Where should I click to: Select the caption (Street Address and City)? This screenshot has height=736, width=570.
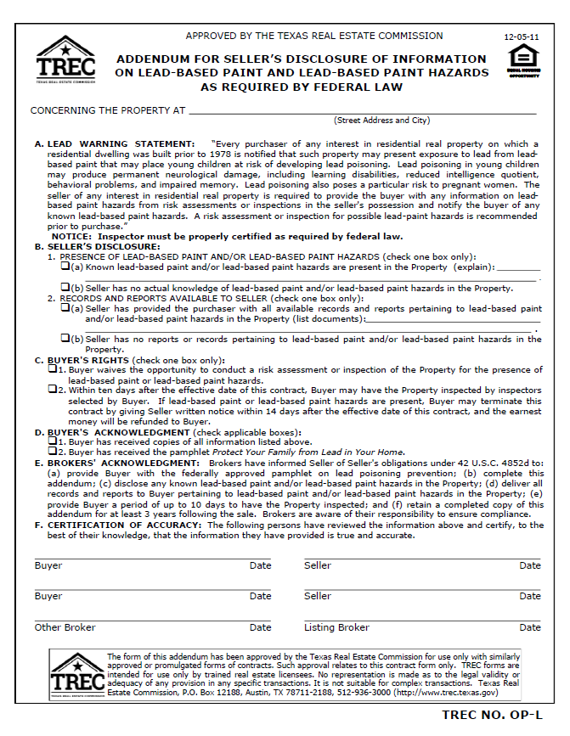pyautogui.click(x=381, y=121)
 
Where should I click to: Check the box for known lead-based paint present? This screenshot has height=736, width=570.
pyautogui.click(x=65, y=267)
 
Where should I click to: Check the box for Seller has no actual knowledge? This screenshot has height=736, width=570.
pyautogui.click(x=65, y=288)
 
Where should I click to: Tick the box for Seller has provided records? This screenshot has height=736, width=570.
pyautogui.click(x=65, y=308)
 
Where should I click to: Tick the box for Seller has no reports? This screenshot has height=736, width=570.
pyautogui.click(x=65, y=338)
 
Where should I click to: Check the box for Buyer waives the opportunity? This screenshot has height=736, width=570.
pyautogui.click(x=52, y=369)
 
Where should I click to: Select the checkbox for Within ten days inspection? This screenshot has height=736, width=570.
pyautogui.click(x=52, y=390)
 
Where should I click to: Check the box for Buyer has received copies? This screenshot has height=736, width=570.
pyautogui.click(x=52, y=441)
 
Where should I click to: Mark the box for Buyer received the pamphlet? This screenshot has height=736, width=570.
pyautogui.click(x=52, y=452)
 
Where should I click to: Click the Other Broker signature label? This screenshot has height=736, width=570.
pyautogui.click(x=65, y=627)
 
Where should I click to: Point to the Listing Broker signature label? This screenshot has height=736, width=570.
pyautogui.click(x=336, y=627)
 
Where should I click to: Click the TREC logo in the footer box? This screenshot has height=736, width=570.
pyautogui.click(x=77, y=675)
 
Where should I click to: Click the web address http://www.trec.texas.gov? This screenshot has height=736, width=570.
pyautogui.click(x=453, y=692)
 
